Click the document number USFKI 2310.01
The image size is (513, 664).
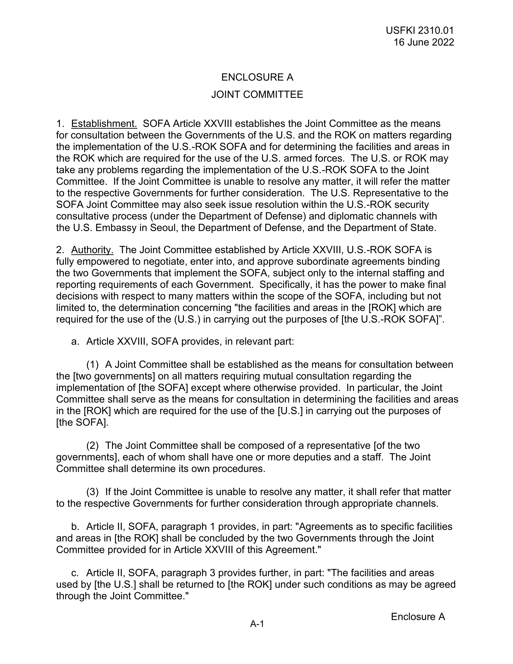[x=420, y=30]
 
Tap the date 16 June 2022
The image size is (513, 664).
[x=424, y=42]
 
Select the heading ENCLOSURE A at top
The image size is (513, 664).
[x=257, y=77]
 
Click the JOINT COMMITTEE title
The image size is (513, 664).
[x=257, y=94]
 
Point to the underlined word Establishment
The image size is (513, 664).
[x=104, y=124]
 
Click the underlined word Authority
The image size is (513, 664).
[x=92, y=250]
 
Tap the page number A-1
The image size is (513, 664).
[x=257, y=624]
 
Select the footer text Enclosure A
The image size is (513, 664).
[x=418, y=616]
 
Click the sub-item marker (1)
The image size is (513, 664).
[x=92, y=364]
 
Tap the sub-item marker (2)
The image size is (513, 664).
[x=92, y=446]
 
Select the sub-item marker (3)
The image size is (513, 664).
[x=92, y=492]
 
